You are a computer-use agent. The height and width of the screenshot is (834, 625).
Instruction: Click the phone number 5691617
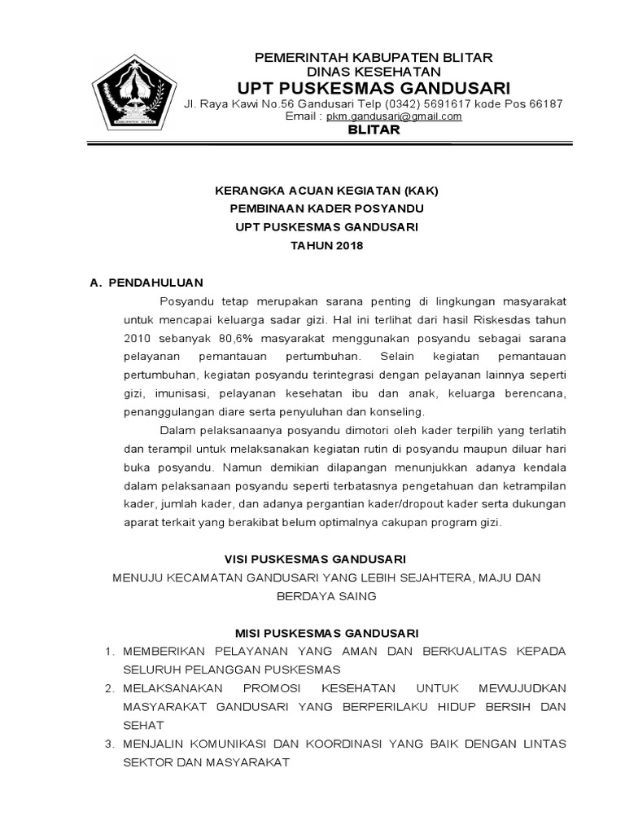444,104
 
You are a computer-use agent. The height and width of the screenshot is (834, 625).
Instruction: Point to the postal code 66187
541,104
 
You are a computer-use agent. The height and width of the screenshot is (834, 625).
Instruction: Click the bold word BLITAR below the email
374,130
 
